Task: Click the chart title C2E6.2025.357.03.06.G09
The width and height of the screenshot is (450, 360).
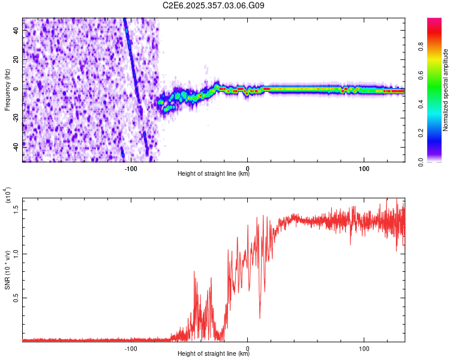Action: pos(214,5)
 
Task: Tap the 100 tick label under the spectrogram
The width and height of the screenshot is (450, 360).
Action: pos(364,168)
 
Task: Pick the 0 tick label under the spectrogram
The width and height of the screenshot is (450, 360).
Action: pos(247,168)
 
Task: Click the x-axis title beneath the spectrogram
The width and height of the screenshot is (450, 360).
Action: pos(214,175)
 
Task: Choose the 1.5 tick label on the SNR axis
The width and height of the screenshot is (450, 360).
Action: pos(16,209)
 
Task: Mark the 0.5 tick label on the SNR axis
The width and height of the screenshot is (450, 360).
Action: pos(16,298)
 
